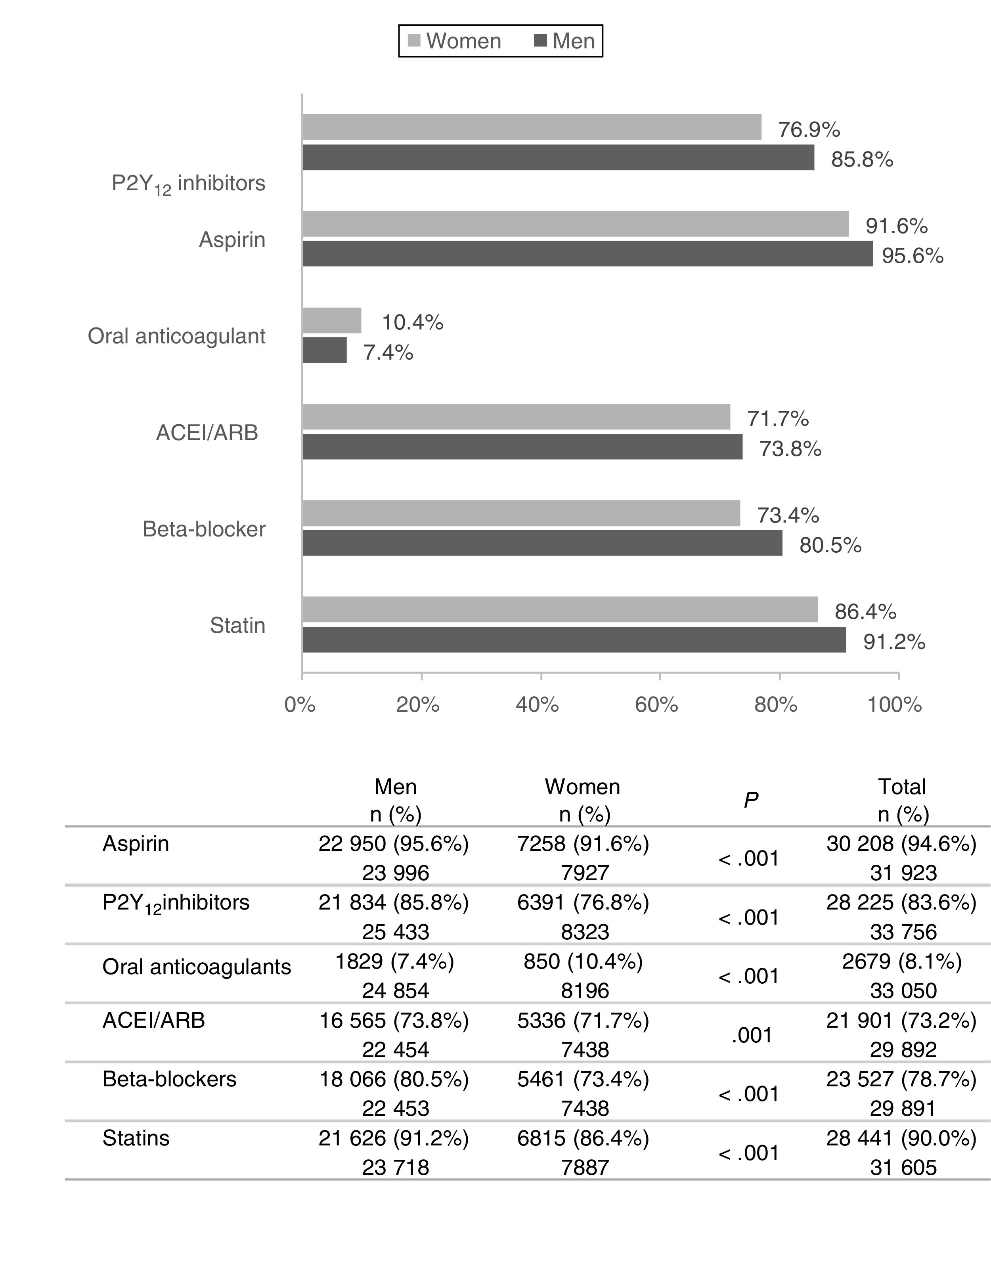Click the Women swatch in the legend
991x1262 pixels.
(x=414, y=40)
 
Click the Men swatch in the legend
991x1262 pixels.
(x=540, y=40)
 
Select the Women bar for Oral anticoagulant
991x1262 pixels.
(x=332, y=320)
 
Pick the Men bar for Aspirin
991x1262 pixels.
(x=587, y=254)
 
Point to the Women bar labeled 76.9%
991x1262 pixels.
(x=532, y=127)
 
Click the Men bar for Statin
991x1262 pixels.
(x=574, y=640)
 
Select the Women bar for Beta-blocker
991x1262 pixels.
(x=521, y=513)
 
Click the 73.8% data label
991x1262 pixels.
(x=790, y=449)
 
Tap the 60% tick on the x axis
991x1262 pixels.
(x=657, y=705)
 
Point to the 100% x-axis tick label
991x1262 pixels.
(x=894, y=705)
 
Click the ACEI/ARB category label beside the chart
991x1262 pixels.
(x=207, y=433)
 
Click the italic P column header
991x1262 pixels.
(x=751, y=801)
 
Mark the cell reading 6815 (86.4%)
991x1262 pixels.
(x=583, y=1138)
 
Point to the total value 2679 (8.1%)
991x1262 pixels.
(x=902, y=961)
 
